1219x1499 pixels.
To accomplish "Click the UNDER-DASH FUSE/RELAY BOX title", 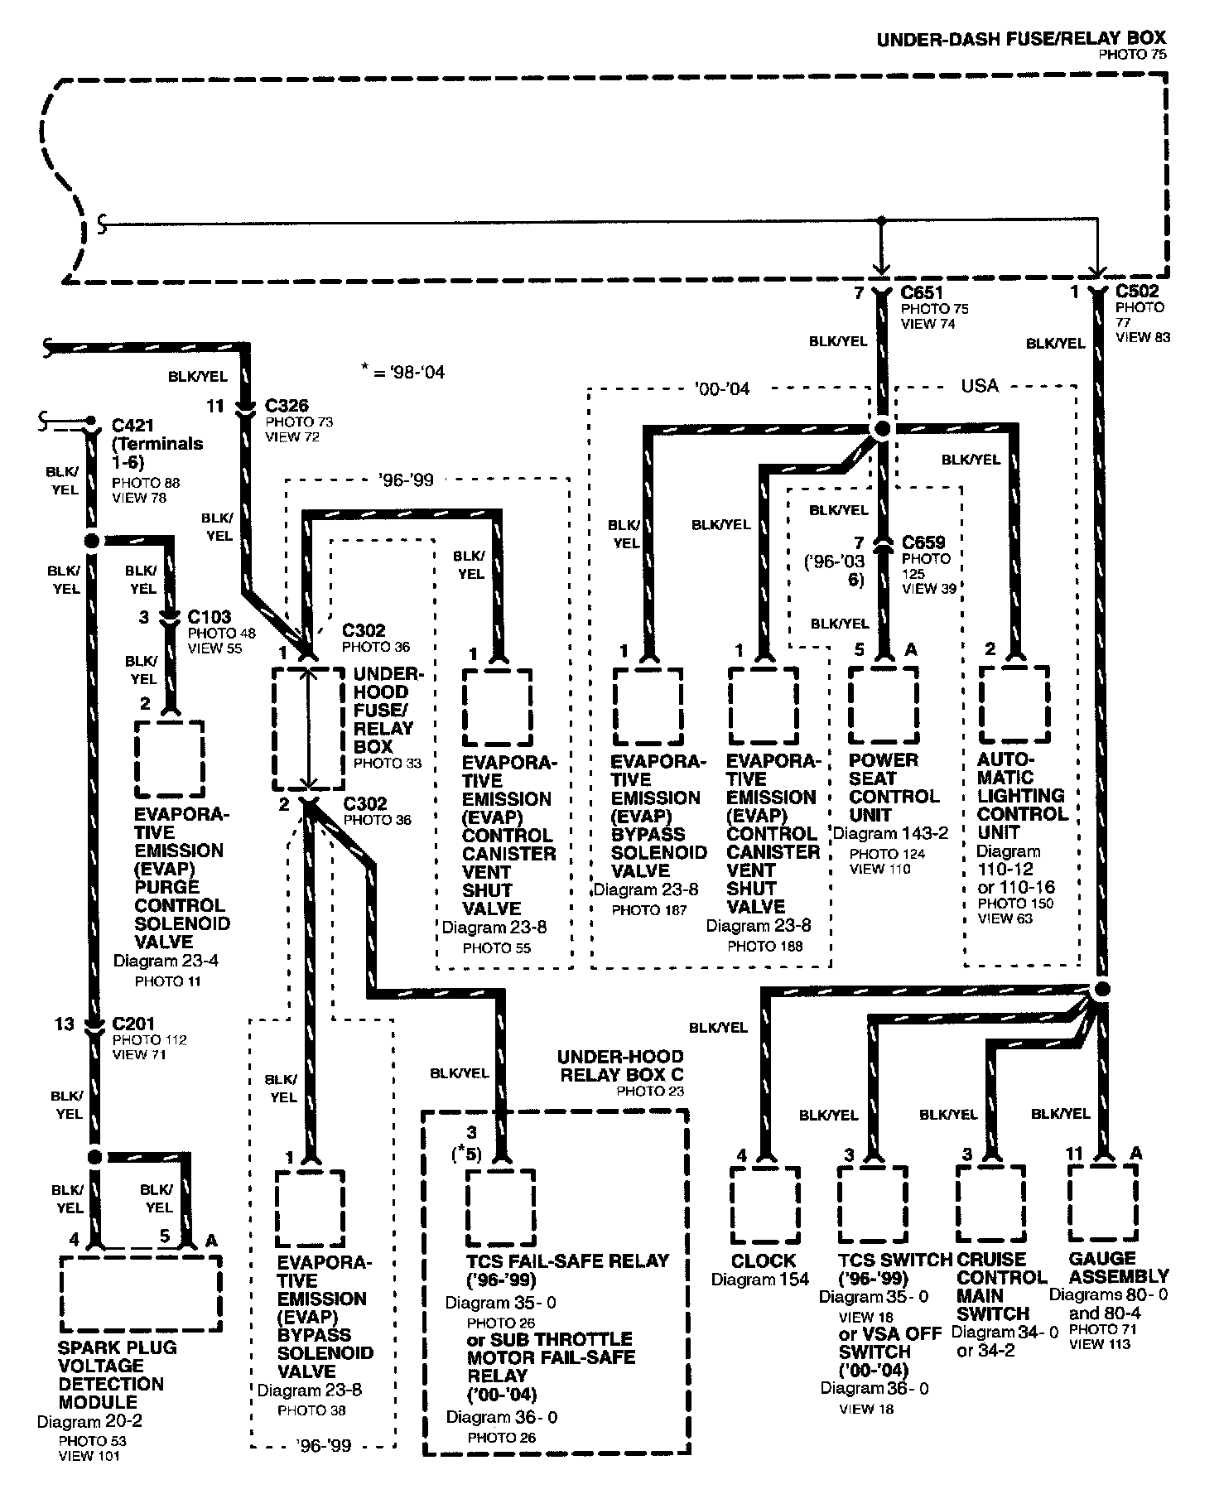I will coord(1021,37).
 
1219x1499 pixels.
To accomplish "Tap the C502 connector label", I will coord(1137,292).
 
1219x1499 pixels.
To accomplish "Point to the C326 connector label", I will coord(287,406).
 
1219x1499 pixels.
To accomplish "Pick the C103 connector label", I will coord(209,617).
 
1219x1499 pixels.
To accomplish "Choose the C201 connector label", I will coord(133,1024).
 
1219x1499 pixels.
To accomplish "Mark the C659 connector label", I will coord(923,542).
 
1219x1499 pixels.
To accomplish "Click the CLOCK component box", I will coord(764,1204).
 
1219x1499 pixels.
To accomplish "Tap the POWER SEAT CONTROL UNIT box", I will coord(883,704).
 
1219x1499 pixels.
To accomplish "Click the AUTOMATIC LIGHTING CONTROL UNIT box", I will coord(1014,704).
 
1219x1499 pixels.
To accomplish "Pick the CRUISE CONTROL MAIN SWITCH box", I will coord(990,1204).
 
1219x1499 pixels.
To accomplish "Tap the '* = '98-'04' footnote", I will coord(403,373).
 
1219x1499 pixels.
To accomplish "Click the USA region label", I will coord(980,386).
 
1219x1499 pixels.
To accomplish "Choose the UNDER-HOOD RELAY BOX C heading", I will coord(620,1066).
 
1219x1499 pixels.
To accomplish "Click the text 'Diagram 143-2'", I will coord(890,834).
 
